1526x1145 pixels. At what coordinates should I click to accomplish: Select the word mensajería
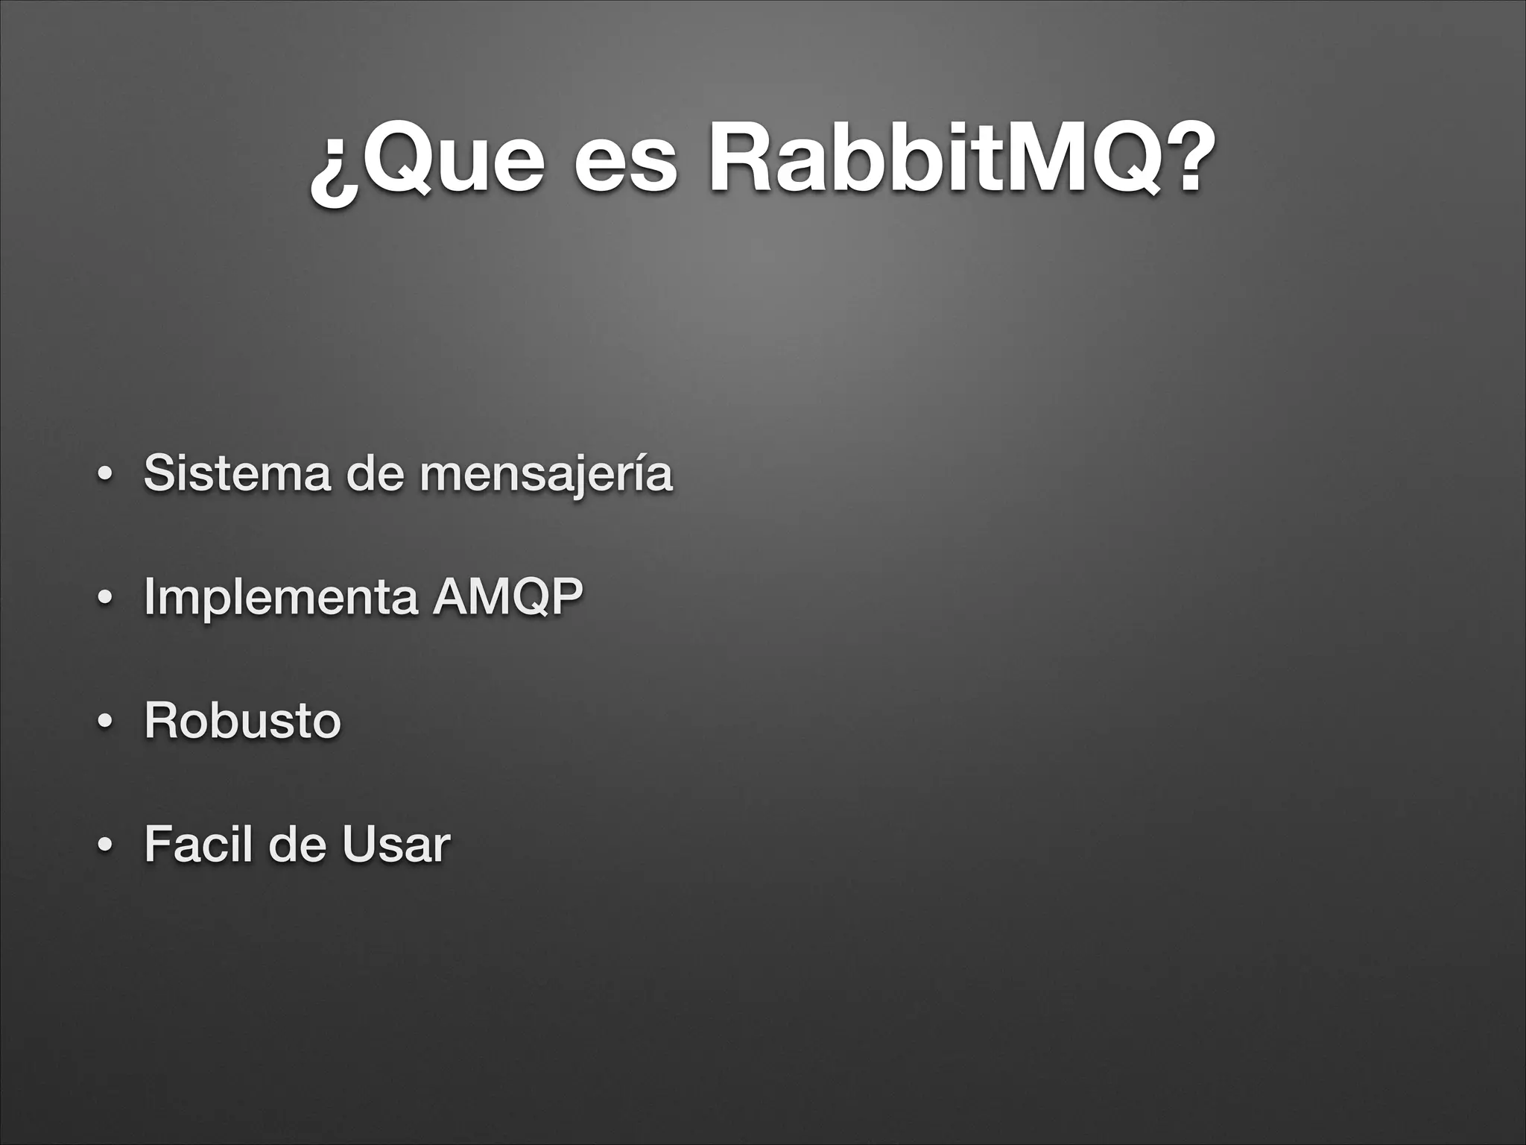546,474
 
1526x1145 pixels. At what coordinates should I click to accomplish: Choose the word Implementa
280,597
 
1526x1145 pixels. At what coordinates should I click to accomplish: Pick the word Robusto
242,720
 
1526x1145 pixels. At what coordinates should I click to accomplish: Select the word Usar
396,844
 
